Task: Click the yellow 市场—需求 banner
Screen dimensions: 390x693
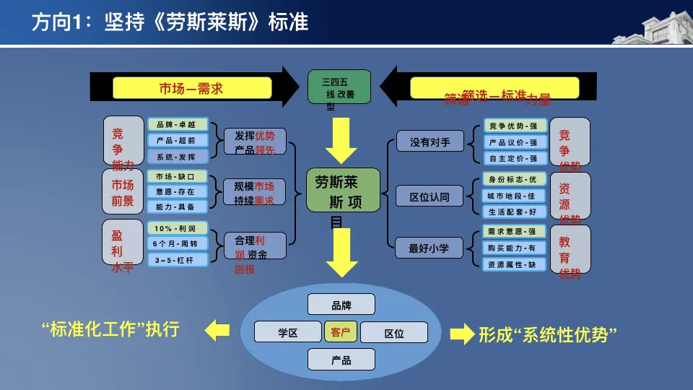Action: point(191,87)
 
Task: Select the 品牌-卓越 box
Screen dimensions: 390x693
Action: point(178,124)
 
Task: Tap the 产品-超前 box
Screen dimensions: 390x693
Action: point(178,140)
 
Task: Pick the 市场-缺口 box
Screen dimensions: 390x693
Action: point(178,176)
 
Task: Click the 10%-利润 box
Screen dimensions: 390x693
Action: point(178,228)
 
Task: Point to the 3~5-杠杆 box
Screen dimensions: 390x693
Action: point(178,259)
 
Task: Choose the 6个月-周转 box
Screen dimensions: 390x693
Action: point(178,244)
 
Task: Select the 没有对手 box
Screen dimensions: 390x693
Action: point(430,142)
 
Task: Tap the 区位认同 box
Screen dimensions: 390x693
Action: point(430,196)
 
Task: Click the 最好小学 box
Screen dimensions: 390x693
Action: point(430,248)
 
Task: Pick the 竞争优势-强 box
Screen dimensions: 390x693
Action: point(514,126)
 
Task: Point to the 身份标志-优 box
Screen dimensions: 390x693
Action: point(514,179)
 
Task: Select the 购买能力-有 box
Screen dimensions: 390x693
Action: point(514,248)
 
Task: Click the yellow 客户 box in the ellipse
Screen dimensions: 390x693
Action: point(341,332)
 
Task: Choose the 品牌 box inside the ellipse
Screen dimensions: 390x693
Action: point(341,305)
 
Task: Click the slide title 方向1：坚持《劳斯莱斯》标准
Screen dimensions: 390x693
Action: point(170,22)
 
